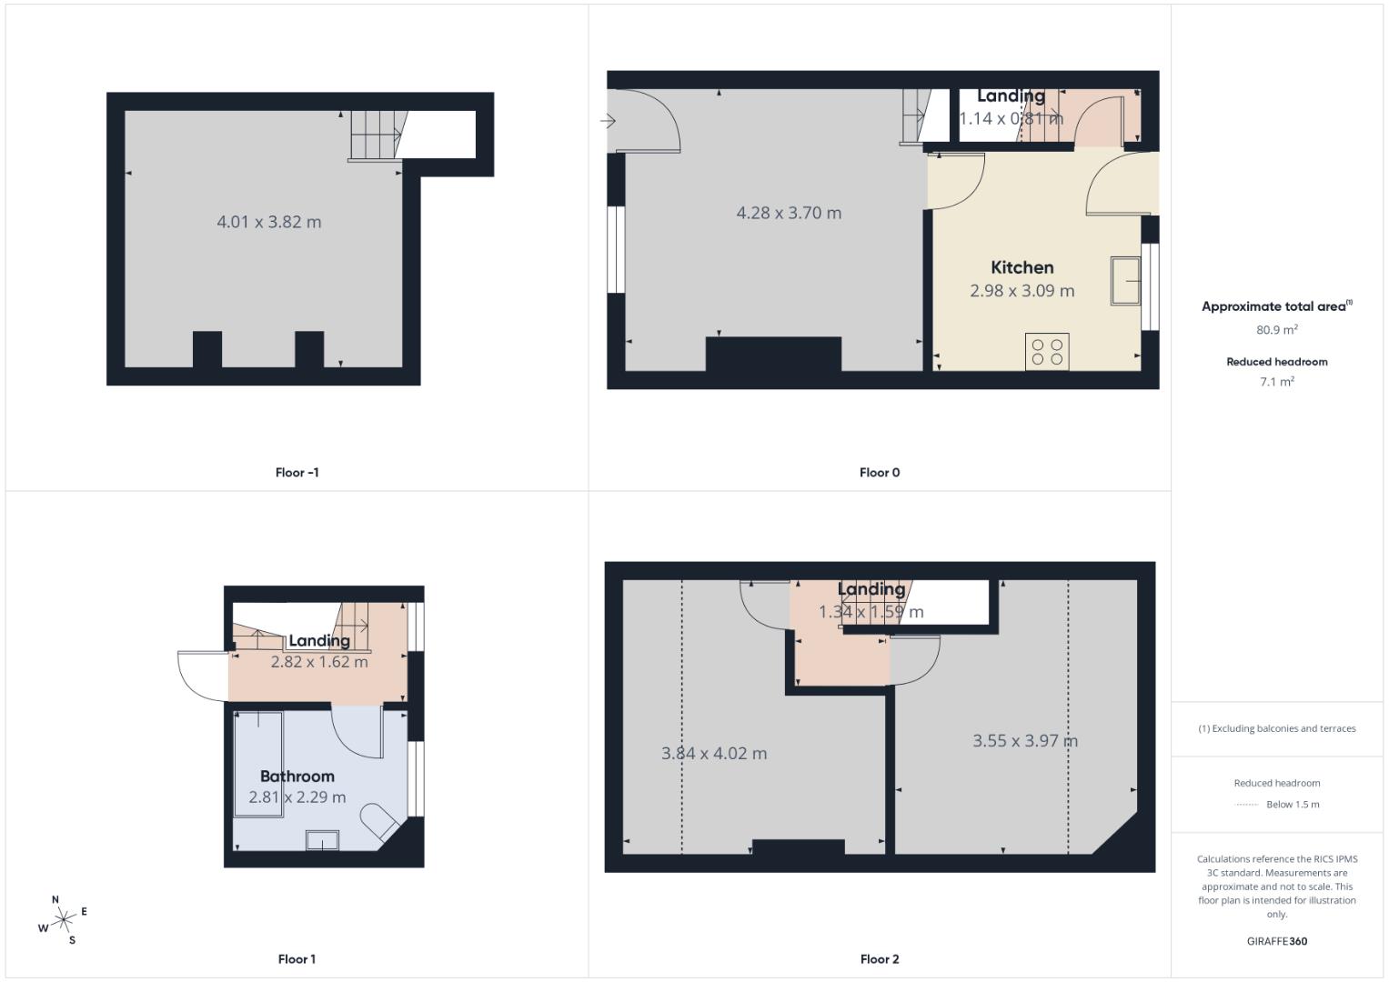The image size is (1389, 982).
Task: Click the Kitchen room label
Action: click(1022, 267)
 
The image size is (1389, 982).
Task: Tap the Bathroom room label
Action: click(297, 776)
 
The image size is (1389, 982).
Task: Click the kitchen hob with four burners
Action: click(1046, 352)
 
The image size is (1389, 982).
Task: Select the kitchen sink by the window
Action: click(1125, 281)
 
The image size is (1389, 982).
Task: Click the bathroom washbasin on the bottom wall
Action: click(322, 840)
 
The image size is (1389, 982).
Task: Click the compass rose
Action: click(63, 921)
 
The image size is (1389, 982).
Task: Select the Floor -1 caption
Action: click(297, 472)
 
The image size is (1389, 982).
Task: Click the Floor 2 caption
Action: click(879, 958)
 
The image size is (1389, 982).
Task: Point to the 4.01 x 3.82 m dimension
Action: click(268, 222)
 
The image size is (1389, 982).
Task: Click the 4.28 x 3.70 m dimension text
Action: click(788, 213)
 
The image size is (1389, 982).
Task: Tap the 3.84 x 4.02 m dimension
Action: click(713, 753)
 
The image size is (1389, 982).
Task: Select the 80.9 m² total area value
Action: click(1276, 330)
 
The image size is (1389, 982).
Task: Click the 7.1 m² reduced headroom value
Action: click(1276, 382)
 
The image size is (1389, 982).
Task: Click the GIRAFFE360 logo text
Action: click(1276, 941)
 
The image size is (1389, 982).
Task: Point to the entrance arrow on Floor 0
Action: click(609, 121)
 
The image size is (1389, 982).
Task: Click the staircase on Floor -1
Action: click(375, 135)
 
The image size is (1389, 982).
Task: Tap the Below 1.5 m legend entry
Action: click(1292, 805)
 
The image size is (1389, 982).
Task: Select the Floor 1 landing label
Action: click(318, 641)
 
